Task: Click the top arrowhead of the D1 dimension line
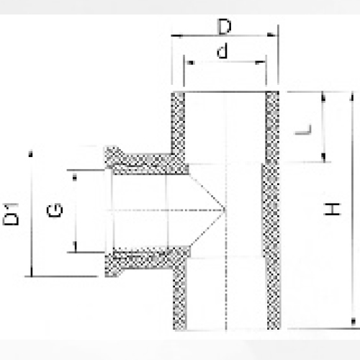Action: pyautogui.click(x=30, y=152)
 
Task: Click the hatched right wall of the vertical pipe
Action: pyautogui.click(x=272, y=216)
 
